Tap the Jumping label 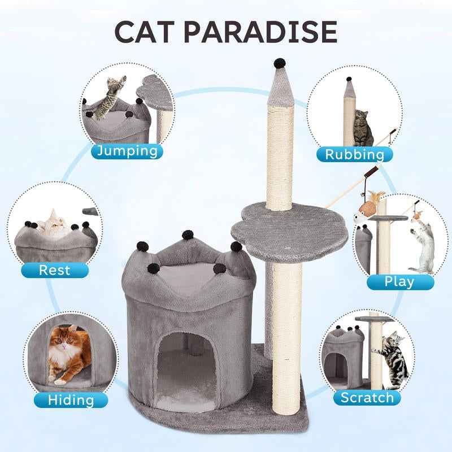pyautogui.click(x=127, y=151)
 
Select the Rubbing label pyautogui.click(x=354, y=154)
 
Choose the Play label pyautogui.click(x=399, y=281)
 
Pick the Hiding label pyautogui.click(x=71, y=399)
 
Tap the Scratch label pyautogui.click(x=367, y=397)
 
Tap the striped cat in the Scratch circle pyautogui.click(x=395, y=356)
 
